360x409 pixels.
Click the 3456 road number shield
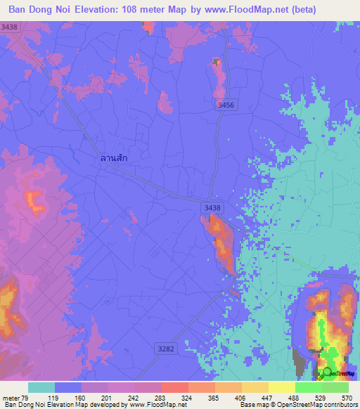pyautogui.click(x=225, y=104)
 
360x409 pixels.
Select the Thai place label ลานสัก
pyautogui.click(x=114, y=158)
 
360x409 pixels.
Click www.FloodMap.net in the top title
pyautogui.click(x=231, y=10)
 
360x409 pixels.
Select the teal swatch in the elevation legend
pyautogui.click(x=41, y=387)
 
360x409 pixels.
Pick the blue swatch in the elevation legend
pyautogui.click(x=68, y=387)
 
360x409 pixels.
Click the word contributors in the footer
pyautogui.click(x=340, y=405)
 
